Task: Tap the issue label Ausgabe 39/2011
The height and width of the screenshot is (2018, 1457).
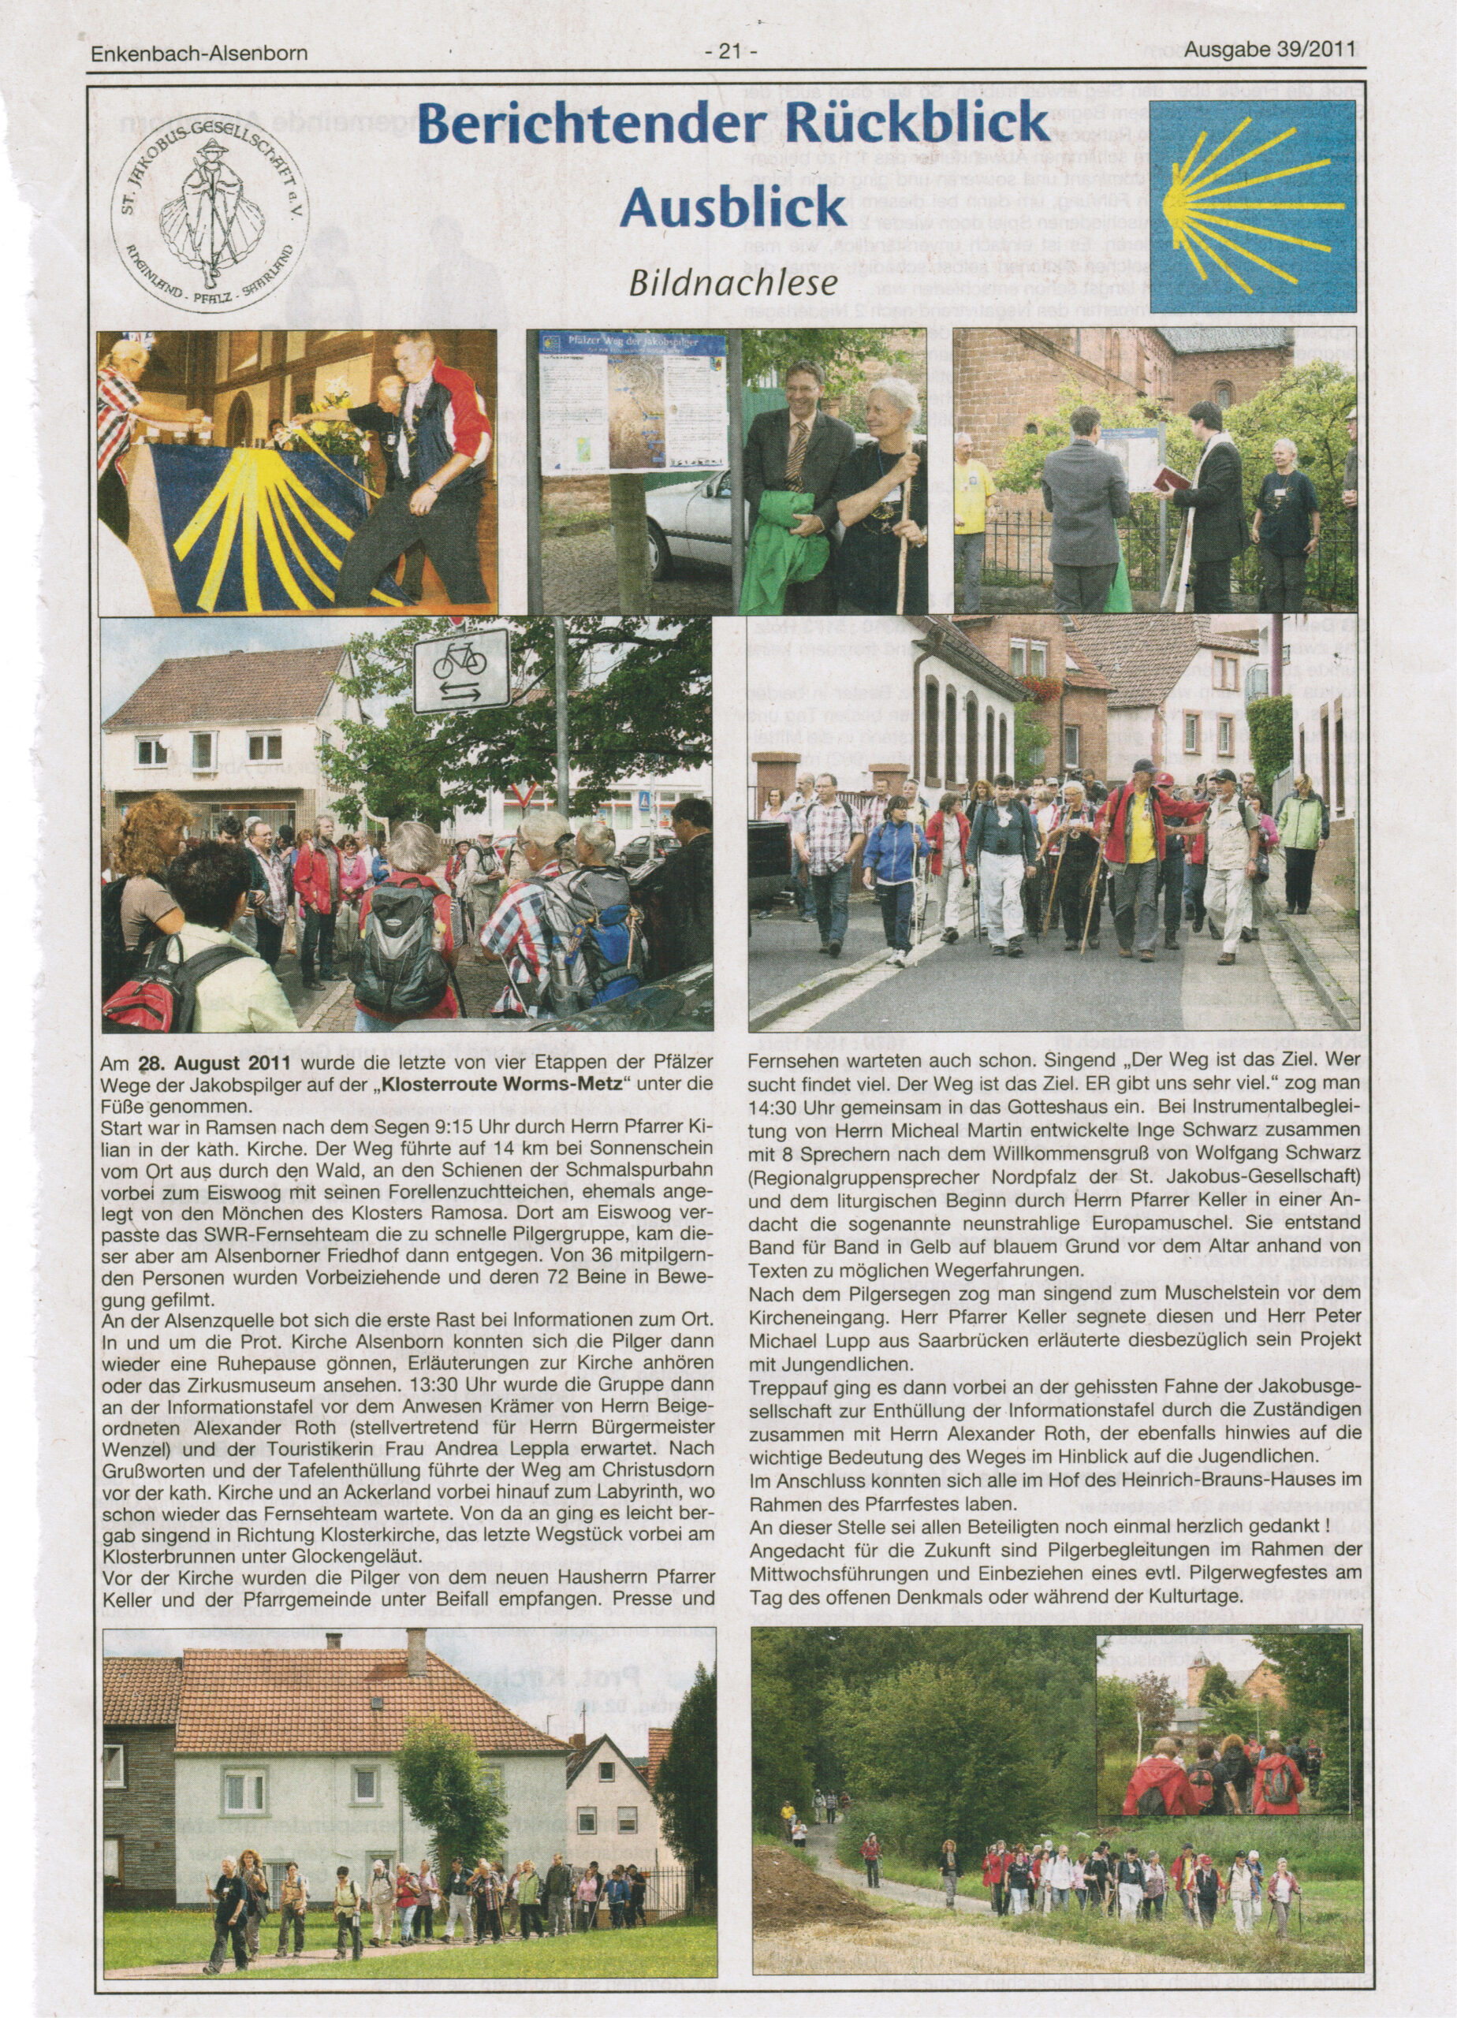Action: pyautogui.click(x=1270, y=50)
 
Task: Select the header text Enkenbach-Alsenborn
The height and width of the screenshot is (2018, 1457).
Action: pyautogui.click(x=199, y=54)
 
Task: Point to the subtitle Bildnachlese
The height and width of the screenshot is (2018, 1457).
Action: pyautogui.click(x=733, y=282)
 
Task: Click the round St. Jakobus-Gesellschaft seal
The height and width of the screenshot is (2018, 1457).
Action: pyautogui.click(x=209, y=213)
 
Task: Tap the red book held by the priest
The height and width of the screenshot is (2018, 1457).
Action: pyautogui.click(x=1169, y=479)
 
